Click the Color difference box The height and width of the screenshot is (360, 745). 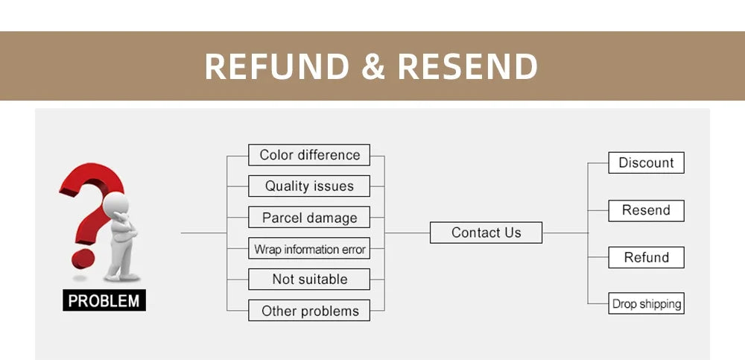309,155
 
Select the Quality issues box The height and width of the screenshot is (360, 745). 309,186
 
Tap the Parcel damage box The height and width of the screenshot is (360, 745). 309,218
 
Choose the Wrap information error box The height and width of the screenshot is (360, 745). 309,249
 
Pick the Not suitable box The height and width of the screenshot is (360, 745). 309,280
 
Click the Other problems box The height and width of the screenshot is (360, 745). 309,311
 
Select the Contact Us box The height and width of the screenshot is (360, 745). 486,233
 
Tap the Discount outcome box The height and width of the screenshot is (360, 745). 646,162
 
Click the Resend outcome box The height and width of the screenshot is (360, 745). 646,210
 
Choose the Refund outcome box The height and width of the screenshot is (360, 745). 646,257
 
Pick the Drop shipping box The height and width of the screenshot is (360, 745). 646,304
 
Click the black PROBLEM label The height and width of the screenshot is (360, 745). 104,301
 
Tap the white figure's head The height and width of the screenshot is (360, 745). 117,203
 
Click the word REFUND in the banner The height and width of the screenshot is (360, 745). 276,66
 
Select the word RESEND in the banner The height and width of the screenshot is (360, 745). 467,66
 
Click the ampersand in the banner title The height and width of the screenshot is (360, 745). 372,66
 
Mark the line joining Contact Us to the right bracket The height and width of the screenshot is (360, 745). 565,233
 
